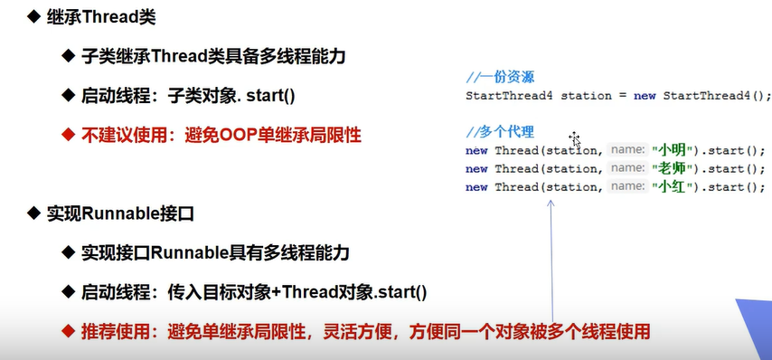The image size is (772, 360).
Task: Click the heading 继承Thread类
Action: (x=101, y=17)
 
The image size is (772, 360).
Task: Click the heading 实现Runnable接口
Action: (x=120, y=213)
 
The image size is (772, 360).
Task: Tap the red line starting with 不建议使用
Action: (x=221, y=135)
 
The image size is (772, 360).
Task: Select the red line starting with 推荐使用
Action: (x=366, y=331)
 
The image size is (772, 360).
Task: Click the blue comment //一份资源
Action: (x=500, y=77)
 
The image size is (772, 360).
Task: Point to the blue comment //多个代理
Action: (x=500, y=132)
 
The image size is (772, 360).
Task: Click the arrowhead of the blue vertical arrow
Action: (x=551, y=202)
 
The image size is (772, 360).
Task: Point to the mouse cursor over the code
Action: (x=575, y=139)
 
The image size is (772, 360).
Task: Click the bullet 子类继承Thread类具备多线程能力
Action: (x=213, y=57)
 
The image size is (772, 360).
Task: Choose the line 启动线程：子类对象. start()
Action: (x=188, y=96)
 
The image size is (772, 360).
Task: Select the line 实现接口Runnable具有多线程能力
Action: (x=215, y=253)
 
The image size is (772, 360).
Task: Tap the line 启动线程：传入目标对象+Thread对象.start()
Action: (x=254, y=292)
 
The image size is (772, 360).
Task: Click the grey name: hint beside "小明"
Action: (x=627, y=150)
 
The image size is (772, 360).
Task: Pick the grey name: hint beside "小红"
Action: (x=627, y=187)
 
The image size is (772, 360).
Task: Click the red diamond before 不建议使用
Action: (x=68, y=134)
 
